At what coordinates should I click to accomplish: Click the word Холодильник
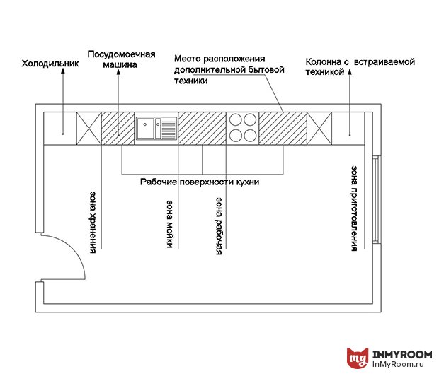coord(50,64)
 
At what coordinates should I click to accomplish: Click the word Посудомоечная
coord(121,54)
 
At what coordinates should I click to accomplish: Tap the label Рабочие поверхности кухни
coord(200,182)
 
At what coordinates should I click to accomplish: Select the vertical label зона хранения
coord(93,223)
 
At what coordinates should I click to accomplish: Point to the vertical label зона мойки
coord(170,224)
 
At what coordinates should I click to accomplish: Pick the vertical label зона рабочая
coord(219,226)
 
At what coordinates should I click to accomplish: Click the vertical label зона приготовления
coord(354,208)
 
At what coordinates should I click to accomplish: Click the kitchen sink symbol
coord(156,129)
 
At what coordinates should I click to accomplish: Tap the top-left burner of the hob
coord(236,120)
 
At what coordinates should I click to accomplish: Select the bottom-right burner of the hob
coord(250,136)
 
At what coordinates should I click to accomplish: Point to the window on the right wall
coord(376,199)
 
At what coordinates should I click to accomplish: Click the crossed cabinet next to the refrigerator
coord(89,129)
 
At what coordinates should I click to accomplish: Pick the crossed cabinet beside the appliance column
coord(319,129)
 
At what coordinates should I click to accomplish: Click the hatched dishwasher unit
coord(118,129)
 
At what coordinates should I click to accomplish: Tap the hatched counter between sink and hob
coord(202,129)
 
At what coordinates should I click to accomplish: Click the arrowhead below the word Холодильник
coord(63,71)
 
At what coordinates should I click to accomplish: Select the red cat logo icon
coord(358,358)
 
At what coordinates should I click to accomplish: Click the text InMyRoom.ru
coord(398,364)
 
